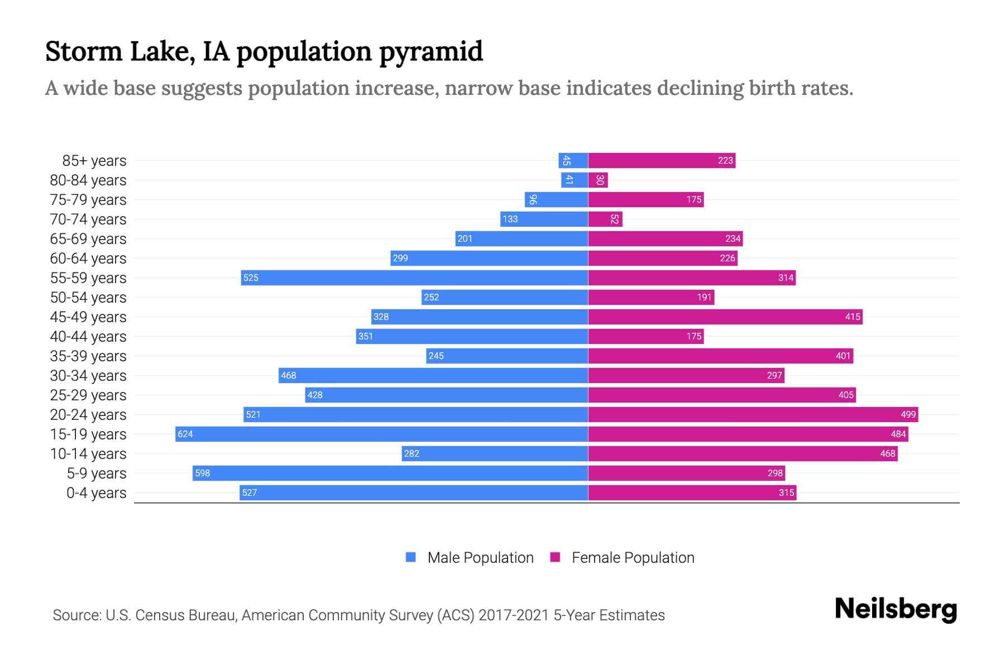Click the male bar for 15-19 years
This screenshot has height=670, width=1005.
(381, 434)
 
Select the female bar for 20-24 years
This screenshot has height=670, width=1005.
(753, 414)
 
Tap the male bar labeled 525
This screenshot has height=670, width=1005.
(414, 277)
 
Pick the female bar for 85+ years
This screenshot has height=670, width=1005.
(662, 160)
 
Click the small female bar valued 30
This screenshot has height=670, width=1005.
(598, 180)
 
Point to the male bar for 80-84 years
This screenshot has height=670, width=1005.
(575, 180)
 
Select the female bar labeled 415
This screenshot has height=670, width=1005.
(725, 317)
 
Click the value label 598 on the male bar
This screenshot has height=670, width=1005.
(202, 473)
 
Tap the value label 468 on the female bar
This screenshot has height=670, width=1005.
(887, 453)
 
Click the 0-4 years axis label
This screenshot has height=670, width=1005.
(96, 492)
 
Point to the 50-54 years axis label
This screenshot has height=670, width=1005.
(88, 297)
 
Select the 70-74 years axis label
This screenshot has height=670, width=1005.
(88, 219)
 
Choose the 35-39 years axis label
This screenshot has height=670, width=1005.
(88, 356)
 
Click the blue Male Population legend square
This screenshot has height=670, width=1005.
(411, 557)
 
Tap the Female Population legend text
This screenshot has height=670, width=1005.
(633, 557)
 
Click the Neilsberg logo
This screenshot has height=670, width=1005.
(896, 609)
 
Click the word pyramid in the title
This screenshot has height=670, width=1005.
(430, 51)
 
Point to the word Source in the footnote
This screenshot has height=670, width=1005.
(76, 615)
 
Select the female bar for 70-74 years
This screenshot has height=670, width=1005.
(605, 219)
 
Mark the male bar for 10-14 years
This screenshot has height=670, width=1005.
(495, 453)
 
